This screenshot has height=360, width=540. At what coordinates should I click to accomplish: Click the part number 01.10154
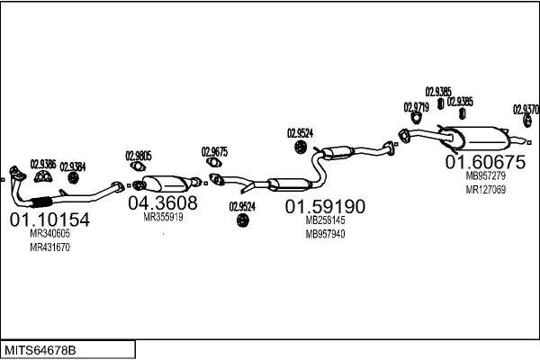49,219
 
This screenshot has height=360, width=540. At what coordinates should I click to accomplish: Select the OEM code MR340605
49,234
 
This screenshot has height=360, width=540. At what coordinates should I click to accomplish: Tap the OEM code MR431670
49,247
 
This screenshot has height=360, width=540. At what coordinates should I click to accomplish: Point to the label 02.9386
43,164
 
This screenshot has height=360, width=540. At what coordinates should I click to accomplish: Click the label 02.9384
73,166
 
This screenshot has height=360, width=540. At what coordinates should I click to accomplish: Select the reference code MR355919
163,217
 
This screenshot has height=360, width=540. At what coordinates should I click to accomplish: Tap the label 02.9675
214,151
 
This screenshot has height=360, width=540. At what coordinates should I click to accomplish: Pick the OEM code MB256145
325,220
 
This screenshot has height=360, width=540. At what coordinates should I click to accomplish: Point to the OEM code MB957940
325,234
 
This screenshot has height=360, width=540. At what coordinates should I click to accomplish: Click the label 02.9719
417,107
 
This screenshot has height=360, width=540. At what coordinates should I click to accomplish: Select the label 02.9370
526,109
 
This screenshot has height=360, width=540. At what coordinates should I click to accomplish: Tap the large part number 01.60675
485,162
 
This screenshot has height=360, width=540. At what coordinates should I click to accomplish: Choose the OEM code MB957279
485,176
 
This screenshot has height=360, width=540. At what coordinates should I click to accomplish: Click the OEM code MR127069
485,189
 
